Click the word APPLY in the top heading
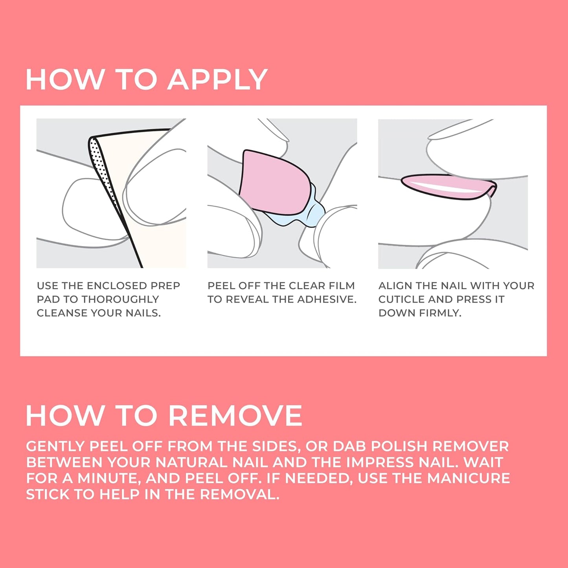pos(217,80)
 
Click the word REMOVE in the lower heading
pos(236,416)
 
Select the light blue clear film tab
pos(311,214)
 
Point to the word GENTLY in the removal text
pos(55,447)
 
